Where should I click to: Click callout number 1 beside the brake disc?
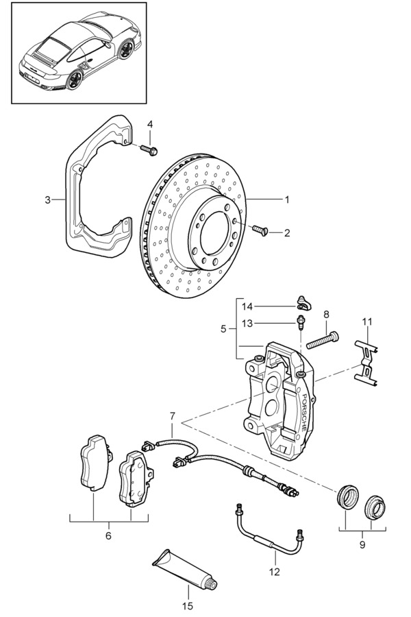point(287,199)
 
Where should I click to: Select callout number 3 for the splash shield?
point(47,200)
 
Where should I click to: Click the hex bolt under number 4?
point(149,149)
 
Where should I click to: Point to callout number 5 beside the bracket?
point(223,328)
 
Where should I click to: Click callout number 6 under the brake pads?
point(108,535)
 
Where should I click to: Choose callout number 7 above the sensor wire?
point(172,416)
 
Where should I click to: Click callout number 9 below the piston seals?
point(362,544)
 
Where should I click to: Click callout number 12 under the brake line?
point(274,571)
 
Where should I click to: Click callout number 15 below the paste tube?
point(188,606)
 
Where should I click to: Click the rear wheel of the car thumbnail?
point(74,80)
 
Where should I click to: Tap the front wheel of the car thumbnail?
point(125,49)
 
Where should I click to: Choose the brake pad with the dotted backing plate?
point(136,479)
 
